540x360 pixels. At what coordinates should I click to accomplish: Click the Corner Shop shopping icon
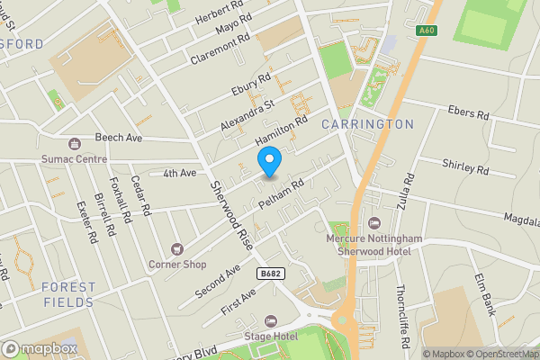(177, 248)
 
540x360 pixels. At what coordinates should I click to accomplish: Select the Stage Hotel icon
(271, 321)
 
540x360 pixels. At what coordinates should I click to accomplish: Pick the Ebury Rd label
(251, 85)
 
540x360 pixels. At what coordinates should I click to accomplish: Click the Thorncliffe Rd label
(403, 318)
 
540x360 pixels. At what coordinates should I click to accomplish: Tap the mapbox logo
(40, 348)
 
